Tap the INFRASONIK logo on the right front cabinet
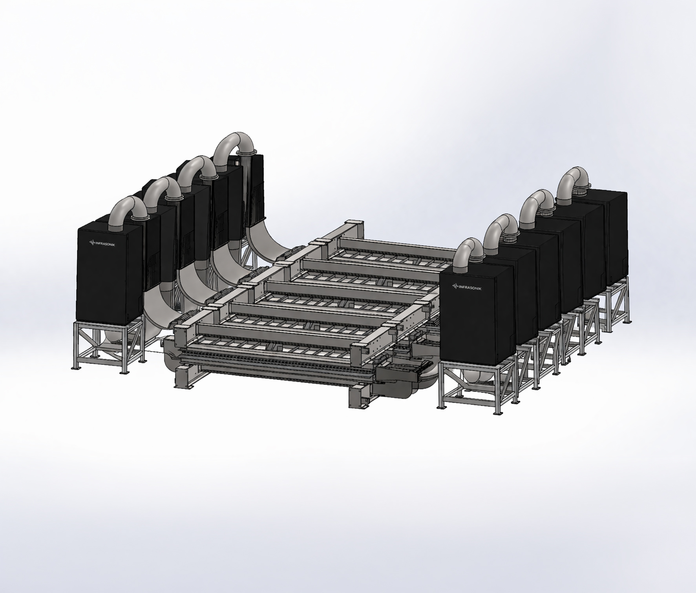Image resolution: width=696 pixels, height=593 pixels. tap(467, 287)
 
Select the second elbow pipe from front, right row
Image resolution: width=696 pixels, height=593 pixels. tap(501, 229)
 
